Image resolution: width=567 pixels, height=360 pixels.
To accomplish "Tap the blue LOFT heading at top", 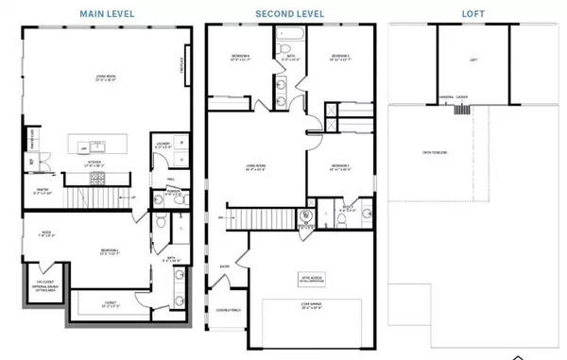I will click(473, 13).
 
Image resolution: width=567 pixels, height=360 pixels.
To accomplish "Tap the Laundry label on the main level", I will click(162, 146).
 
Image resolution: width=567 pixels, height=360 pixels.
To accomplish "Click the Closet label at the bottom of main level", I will click(110, 303).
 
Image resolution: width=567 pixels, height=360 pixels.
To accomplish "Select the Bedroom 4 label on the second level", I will click(240, 59).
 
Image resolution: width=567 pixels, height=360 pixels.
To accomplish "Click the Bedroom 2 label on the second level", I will click(340, 168).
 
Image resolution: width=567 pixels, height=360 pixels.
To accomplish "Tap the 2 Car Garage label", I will click(310, 304).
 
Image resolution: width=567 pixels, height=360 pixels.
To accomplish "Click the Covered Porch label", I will click(228, 310).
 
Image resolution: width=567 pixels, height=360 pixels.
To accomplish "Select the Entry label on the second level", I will click(225, 266).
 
